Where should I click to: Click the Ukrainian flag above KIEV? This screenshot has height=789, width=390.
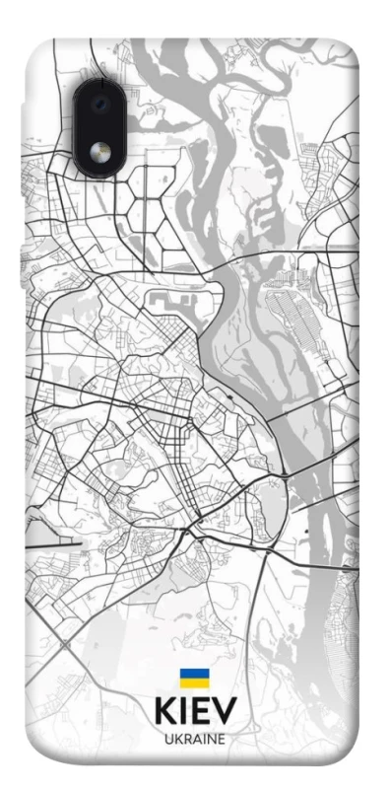(x=193, y=679)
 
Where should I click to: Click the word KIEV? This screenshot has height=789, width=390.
(x=194, y=711)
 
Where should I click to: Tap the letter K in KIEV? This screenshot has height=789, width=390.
(x=165, y=711)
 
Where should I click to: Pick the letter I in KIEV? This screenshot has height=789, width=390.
(x=184, y=711)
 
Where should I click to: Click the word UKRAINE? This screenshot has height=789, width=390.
(x=194, y=738)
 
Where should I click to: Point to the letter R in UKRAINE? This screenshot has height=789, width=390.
(x=186, y=738)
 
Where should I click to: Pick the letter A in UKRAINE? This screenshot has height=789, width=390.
(x=196, y=738)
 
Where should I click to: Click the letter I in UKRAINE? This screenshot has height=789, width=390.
(x=203, y=738)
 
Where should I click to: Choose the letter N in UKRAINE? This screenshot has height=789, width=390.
(x=211, y=738)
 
